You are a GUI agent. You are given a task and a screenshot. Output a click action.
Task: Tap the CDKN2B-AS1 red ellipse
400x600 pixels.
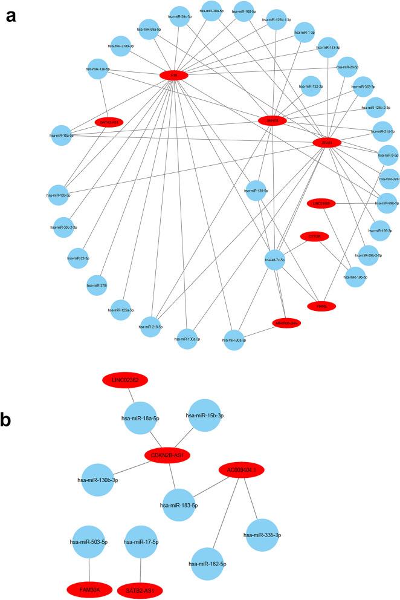point(167,455)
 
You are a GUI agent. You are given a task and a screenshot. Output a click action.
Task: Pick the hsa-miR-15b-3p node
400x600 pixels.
point(205,416)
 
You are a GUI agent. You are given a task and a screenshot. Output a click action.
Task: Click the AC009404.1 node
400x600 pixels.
point(241,469)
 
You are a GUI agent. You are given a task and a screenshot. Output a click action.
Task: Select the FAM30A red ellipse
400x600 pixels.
point(89,587)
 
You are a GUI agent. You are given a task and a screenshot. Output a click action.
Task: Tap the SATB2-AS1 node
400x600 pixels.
point(140,588)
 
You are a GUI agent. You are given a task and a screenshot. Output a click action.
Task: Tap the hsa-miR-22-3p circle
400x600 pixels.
point(80,258)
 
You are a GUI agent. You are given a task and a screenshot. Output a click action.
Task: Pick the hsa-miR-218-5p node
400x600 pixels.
point(151,327)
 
